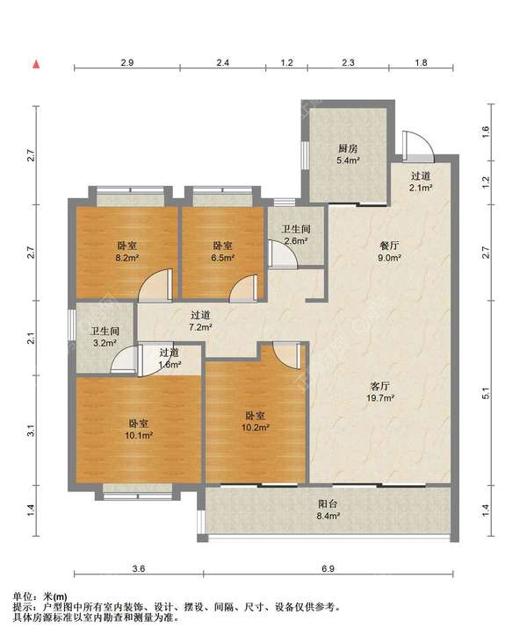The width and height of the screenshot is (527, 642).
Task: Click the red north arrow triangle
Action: click(x=37, y=64)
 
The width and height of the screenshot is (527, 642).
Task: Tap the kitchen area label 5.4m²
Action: click(x=348, y=160)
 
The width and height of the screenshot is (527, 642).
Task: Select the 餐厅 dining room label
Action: click(x=389, y=246)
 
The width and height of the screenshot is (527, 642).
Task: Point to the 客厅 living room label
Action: click(x=380, y=386)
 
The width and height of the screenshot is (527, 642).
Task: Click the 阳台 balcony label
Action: click(x=328, y=504)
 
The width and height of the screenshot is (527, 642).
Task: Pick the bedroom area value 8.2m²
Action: click(x=126, y=258)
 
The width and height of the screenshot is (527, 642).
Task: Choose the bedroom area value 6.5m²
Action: click(x=223, y=258)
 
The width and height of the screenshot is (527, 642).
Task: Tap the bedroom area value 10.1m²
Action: click(x=139, y=435)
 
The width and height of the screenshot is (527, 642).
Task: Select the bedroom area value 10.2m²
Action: click(x=255, y=428)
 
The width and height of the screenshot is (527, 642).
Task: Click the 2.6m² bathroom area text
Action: click(x=296, y=240)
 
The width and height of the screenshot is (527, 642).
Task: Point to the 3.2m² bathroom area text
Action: click(x=105, y=343)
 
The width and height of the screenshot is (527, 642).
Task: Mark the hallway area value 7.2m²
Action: click(x=200, y=327)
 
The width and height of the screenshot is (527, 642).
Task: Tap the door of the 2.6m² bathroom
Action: click(x=282, y=253)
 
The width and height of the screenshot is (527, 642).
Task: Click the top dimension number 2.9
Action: click(x=127, y=62)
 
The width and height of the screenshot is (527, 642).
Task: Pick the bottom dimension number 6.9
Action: click(x=328, y=568)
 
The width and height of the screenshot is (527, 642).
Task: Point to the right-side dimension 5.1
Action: click(x=486, y=394)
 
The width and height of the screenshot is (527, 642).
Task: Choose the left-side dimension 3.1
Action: click(x=32, y=431)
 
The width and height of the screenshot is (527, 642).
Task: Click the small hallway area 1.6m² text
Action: click(x=170, y=364)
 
